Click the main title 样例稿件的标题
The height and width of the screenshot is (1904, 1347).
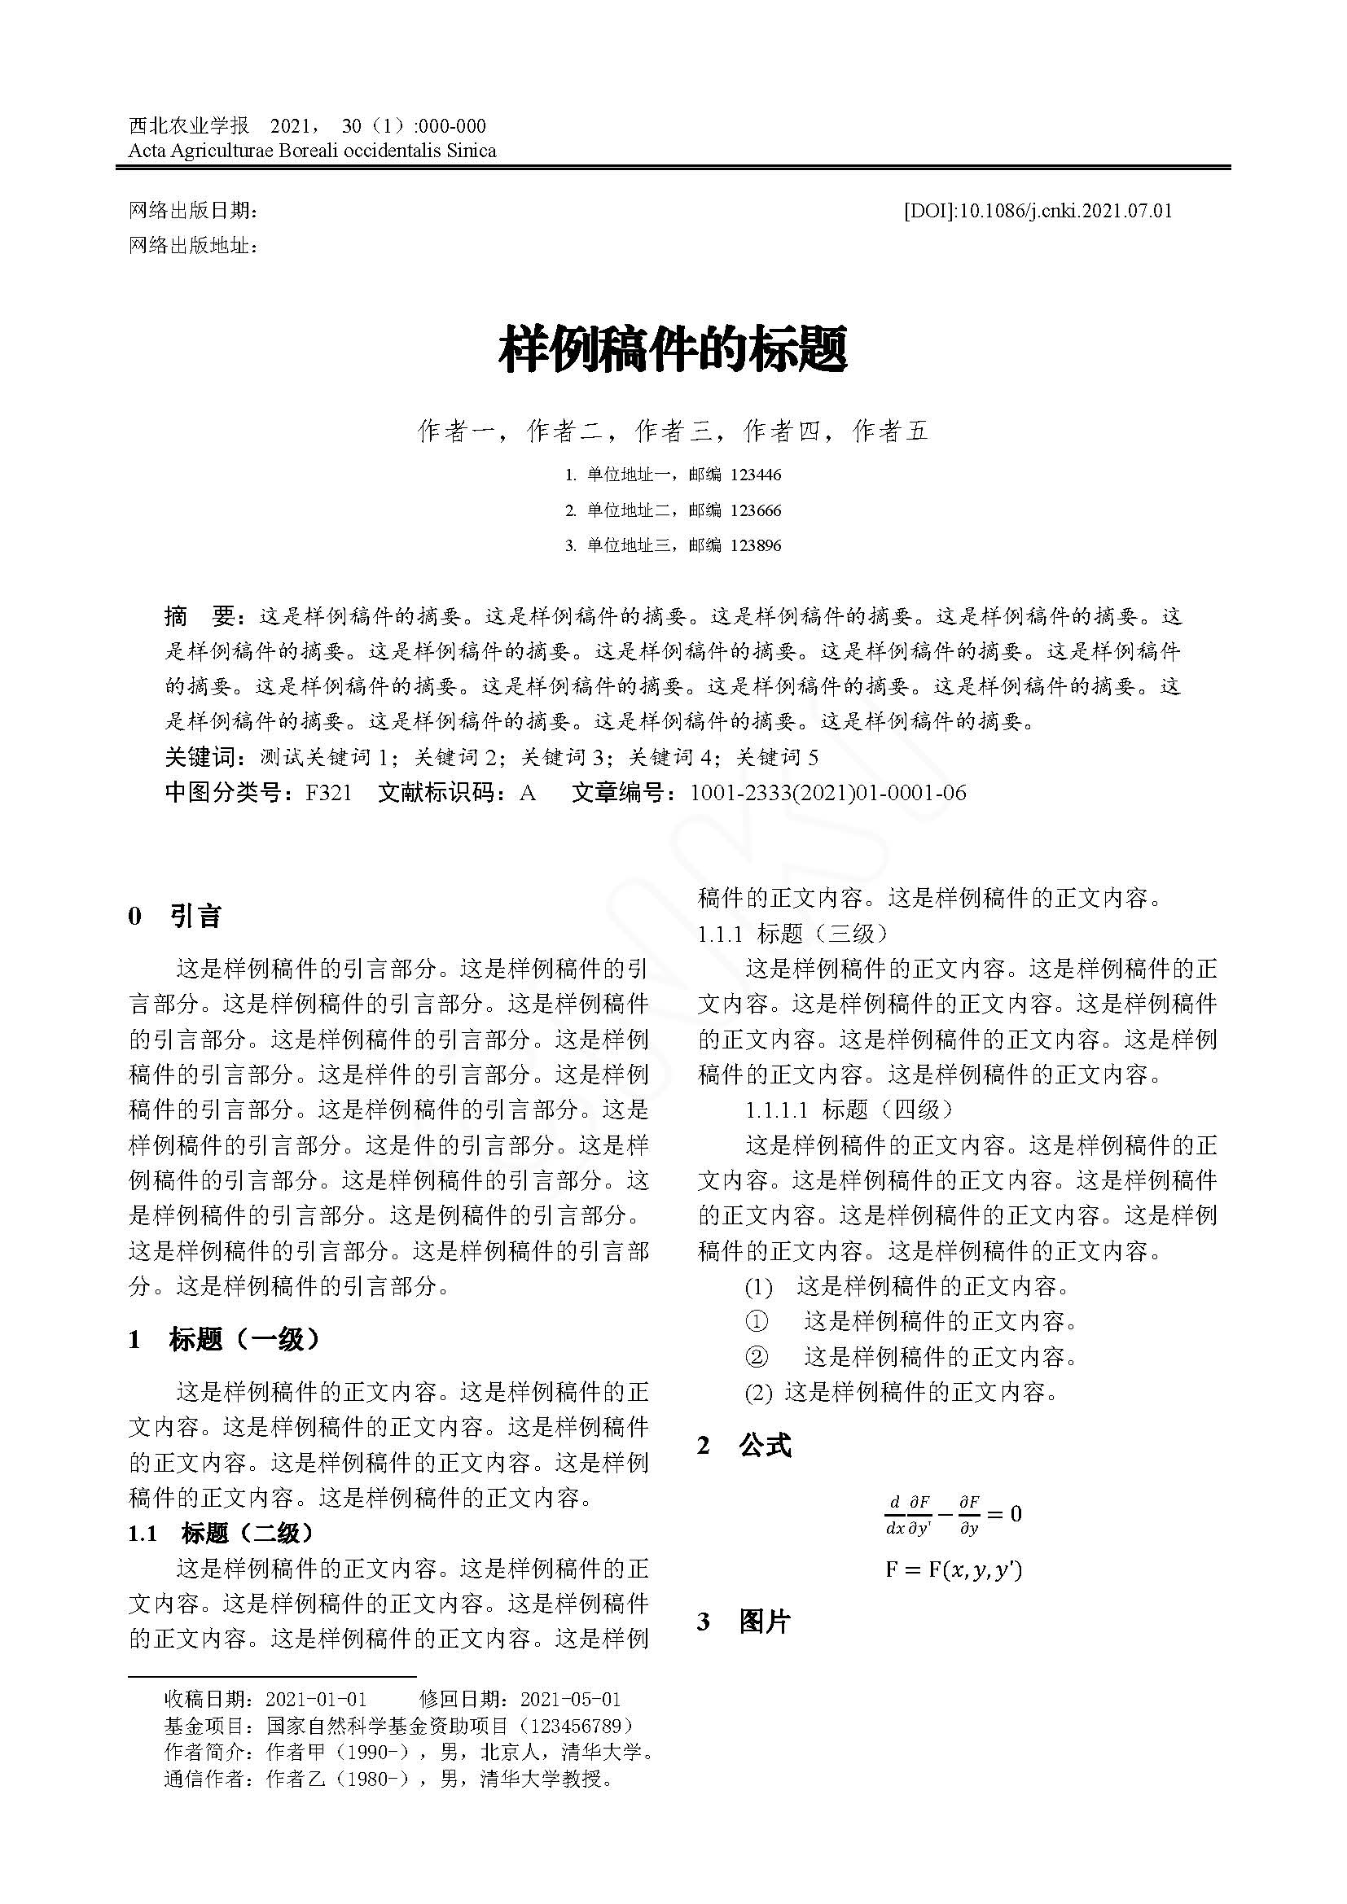tap(673, 348)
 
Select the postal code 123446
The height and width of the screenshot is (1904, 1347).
tap(756, 475)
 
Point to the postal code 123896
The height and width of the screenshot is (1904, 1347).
tap(756, 545)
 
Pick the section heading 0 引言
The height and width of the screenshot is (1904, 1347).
tap(175, 917)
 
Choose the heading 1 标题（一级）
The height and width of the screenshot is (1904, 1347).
tap(224, 1339)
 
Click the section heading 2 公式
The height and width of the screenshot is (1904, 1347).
tap(744, 1447)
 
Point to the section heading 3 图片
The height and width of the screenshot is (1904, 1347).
tap(744, 1622)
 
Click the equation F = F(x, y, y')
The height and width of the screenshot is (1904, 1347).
tap(954, 1569)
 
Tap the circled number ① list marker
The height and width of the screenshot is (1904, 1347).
tap(757, 1322)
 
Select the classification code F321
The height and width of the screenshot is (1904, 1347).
tap(328, 794)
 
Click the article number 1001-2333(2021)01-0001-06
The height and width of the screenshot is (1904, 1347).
tap(827, 794)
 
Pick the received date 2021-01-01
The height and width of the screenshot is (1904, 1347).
tap(316, 1699)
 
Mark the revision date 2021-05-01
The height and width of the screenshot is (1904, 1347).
tap(570, 1699)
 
